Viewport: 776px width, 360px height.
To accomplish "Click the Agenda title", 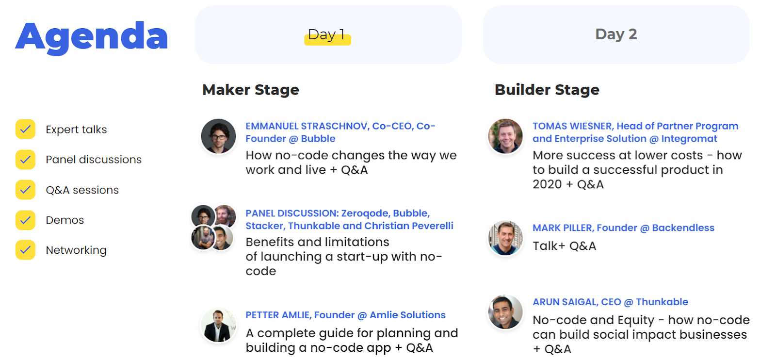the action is pos(92,37).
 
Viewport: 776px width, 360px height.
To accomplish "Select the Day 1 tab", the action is pos(328,34).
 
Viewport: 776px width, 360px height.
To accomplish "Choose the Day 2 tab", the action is pos(616,34).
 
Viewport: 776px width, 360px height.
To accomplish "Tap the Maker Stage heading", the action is pos(250,90).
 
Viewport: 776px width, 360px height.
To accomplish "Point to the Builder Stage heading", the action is pos(547,90).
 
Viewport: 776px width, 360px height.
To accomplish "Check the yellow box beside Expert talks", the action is pos(25,129).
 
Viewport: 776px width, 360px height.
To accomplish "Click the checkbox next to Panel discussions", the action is pos(25,160).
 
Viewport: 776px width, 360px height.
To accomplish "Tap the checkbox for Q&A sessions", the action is pos(25,190).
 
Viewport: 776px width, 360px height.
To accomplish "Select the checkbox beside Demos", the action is pos(25,220).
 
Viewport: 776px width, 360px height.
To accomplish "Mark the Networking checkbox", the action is pos(25,250).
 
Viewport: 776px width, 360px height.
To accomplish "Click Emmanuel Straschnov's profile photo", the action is pos(218,136).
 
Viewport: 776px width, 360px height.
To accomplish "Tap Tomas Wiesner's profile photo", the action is pos(505,136).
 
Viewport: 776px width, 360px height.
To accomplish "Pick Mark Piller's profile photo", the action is pos(505,238).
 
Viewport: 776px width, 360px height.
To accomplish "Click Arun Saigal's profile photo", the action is pos(505,312).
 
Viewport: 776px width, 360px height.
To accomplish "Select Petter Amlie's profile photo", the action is pos(218,325).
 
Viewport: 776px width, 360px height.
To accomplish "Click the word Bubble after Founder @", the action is pos(318,139).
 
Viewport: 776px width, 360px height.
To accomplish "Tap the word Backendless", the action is pos(683,228).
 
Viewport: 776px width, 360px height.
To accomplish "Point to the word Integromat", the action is pos(689,139).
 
